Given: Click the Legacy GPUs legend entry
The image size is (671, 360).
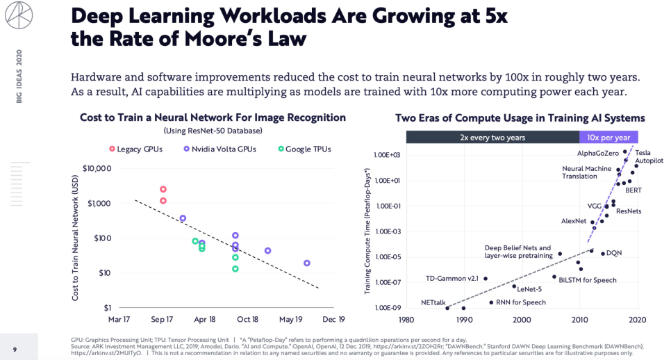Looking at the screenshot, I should coord(137,149).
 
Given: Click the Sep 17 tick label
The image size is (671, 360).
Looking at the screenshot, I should coord(162,320).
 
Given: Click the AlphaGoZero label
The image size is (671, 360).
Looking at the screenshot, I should coord(597,152).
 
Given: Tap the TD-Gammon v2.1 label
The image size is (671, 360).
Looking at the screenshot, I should coord(452,279).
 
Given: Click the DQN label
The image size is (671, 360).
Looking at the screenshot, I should coord(614,253).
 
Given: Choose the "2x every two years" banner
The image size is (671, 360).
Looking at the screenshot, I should coord(492,137).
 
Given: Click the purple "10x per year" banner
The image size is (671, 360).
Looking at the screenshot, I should coord(608,137).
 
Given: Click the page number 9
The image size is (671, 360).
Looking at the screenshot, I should coord(15,349).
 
